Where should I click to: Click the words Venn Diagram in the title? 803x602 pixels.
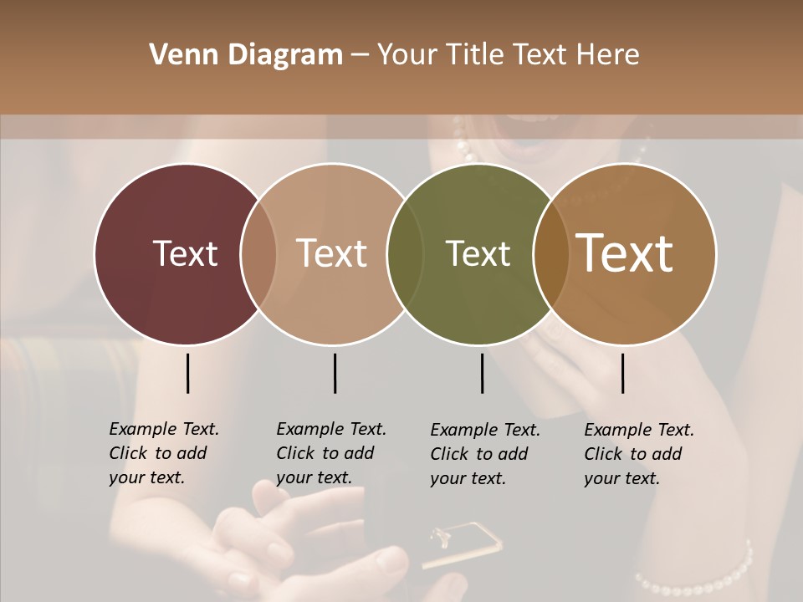pyautogui.click(x=246, y=55)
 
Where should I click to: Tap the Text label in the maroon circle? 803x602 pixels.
pyautogui.click(x=185, y=253)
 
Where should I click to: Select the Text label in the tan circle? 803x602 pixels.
pyautogui.click(x=332, y=253)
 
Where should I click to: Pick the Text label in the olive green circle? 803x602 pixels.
pyautogui.click(x=478, y=253)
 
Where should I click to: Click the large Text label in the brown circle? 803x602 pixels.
pyautogui.click(x=625, y=253)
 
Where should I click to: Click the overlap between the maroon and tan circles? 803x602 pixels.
pyautogui.click(x=258, y=253)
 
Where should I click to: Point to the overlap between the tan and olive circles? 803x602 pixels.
pyautogui.click(x=403, y=253)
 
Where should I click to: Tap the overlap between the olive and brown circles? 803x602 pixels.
pyautogui.click(x=550, y=253)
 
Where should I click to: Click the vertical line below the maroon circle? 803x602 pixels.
pyautogui.click(x=187, y=373)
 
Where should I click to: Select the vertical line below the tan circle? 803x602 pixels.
pyautogui.click(x=335, y=373)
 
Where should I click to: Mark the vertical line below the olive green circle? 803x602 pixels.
pyautogui.click(x=482, y=373)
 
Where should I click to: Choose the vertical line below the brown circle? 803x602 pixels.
pyautogui.click(x=622, y=373)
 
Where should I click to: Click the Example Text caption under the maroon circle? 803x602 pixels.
pyautogui.click(x=164, y=453)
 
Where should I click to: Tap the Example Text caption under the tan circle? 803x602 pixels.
pyautogui.click(x=331, y=453)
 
